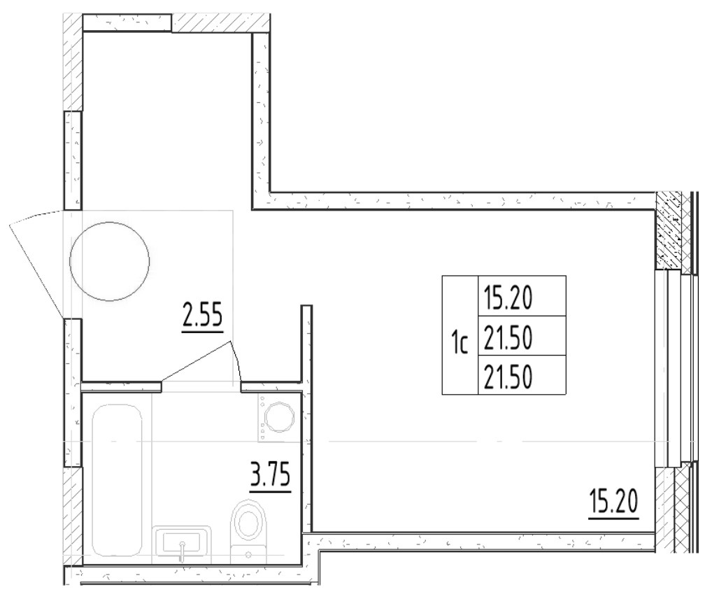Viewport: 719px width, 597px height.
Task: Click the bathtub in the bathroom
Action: coord(118,479)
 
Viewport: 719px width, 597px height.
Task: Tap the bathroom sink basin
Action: coord(183,541)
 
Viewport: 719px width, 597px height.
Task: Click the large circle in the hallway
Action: coord(110,261)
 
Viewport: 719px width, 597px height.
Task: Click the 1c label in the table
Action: coord(459,344)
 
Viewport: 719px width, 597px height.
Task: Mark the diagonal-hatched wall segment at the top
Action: coord(213,22)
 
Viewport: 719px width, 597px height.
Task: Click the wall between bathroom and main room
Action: coord(306,420)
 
